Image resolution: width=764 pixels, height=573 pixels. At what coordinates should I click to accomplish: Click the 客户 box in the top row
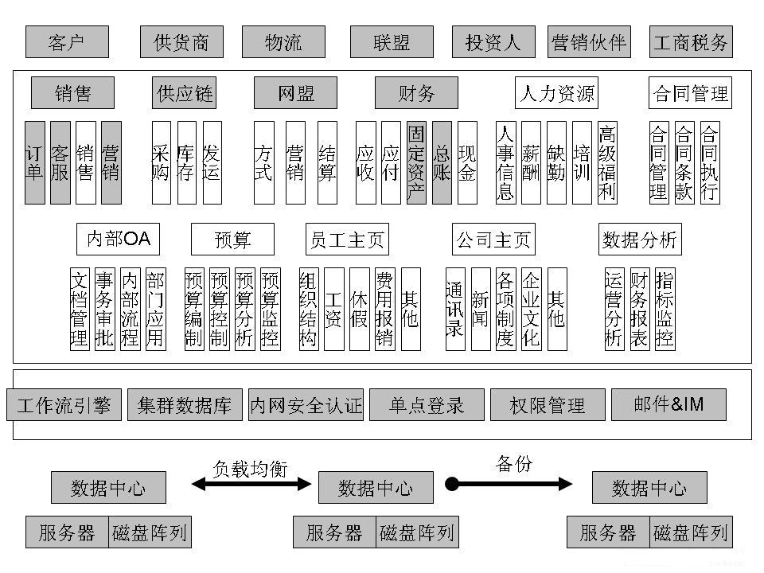(x=67, y=42)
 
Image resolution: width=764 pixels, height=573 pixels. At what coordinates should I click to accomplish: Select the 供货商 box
(x=181, y=42)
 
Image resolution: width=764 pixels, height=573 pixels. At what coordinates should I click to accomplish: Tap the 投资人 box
(x=493, y=42)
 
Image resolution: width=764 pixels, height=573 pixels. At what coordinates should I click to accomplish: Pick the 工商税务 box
(x=691, y=42)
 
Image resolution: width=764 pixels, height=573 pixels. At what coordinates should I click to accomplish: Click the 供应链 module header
(x=184, y=92)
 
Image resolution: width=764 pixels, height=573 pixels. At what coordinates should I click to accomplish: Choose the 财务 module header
(x=416, y=92)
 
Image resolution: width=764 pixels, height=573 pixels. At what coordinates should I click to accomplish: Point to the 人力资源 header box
(x=556, y=92)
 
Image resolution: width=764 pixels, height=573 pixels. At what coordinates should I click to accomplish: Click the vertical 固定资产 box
(x=416, y=162)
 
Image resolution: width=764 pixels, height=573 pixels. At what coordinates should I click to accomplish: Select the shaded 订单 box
(x=35, y=162)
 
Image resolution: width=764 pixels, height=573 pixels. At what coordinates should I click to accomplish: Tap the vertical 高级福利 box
(x=607, y=162)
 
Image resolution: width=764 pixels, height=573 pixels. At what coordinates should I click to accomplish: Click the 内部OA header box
(x=118, y=240)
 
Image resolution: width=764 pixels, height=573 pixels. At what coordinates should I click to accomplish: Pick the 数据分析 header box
(x=640, y=240)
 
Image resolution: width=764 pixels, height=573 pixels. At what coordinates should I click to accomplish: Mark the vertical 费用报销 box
(x=384, y=309)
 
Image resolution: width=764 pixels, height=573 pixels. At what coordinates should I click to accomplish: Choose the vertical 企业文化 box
(x=531, y=309)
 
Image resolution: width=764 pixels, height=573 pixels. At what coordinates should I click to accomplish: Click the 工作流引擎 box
(x=64, y=405)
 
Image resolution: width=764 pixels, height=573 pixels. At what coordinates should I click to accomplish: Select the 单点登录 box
(x=427, y=405)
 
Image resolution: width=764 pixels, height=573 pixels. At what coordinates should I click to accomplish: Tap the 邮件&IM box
(x=668, y=405)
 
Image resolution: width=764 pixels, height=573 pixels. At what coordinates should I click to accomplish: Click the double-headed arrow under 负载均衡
(x=251, y=484)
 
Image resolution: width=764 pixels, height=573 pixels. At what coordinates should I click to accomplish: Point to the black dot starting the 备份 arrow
(x=452, y=484)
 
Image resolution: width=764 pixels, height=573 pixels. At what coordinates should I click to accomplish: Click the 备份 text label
(x=514, y=464)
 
